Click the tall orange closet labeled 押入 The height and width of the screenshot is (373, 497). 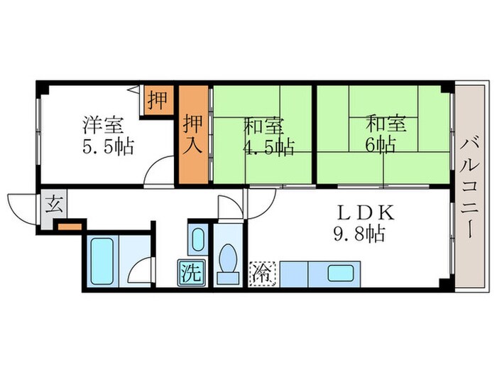(x=195, y=135)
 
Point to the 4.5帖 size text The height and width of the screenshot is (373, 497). (x=268, y=148)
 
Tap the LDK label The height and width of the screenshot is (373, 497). (x=359, y=212)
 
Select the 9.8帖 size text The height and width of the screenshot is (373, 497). (x=359, y=232)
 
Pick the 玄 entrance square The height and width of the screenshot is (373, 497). (x=53, y=206)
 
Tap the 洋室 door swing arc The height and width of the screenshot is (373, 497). (x=158, y=175)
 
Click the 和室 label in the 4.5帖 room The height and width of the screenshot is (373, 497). (x=263, y=126)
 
